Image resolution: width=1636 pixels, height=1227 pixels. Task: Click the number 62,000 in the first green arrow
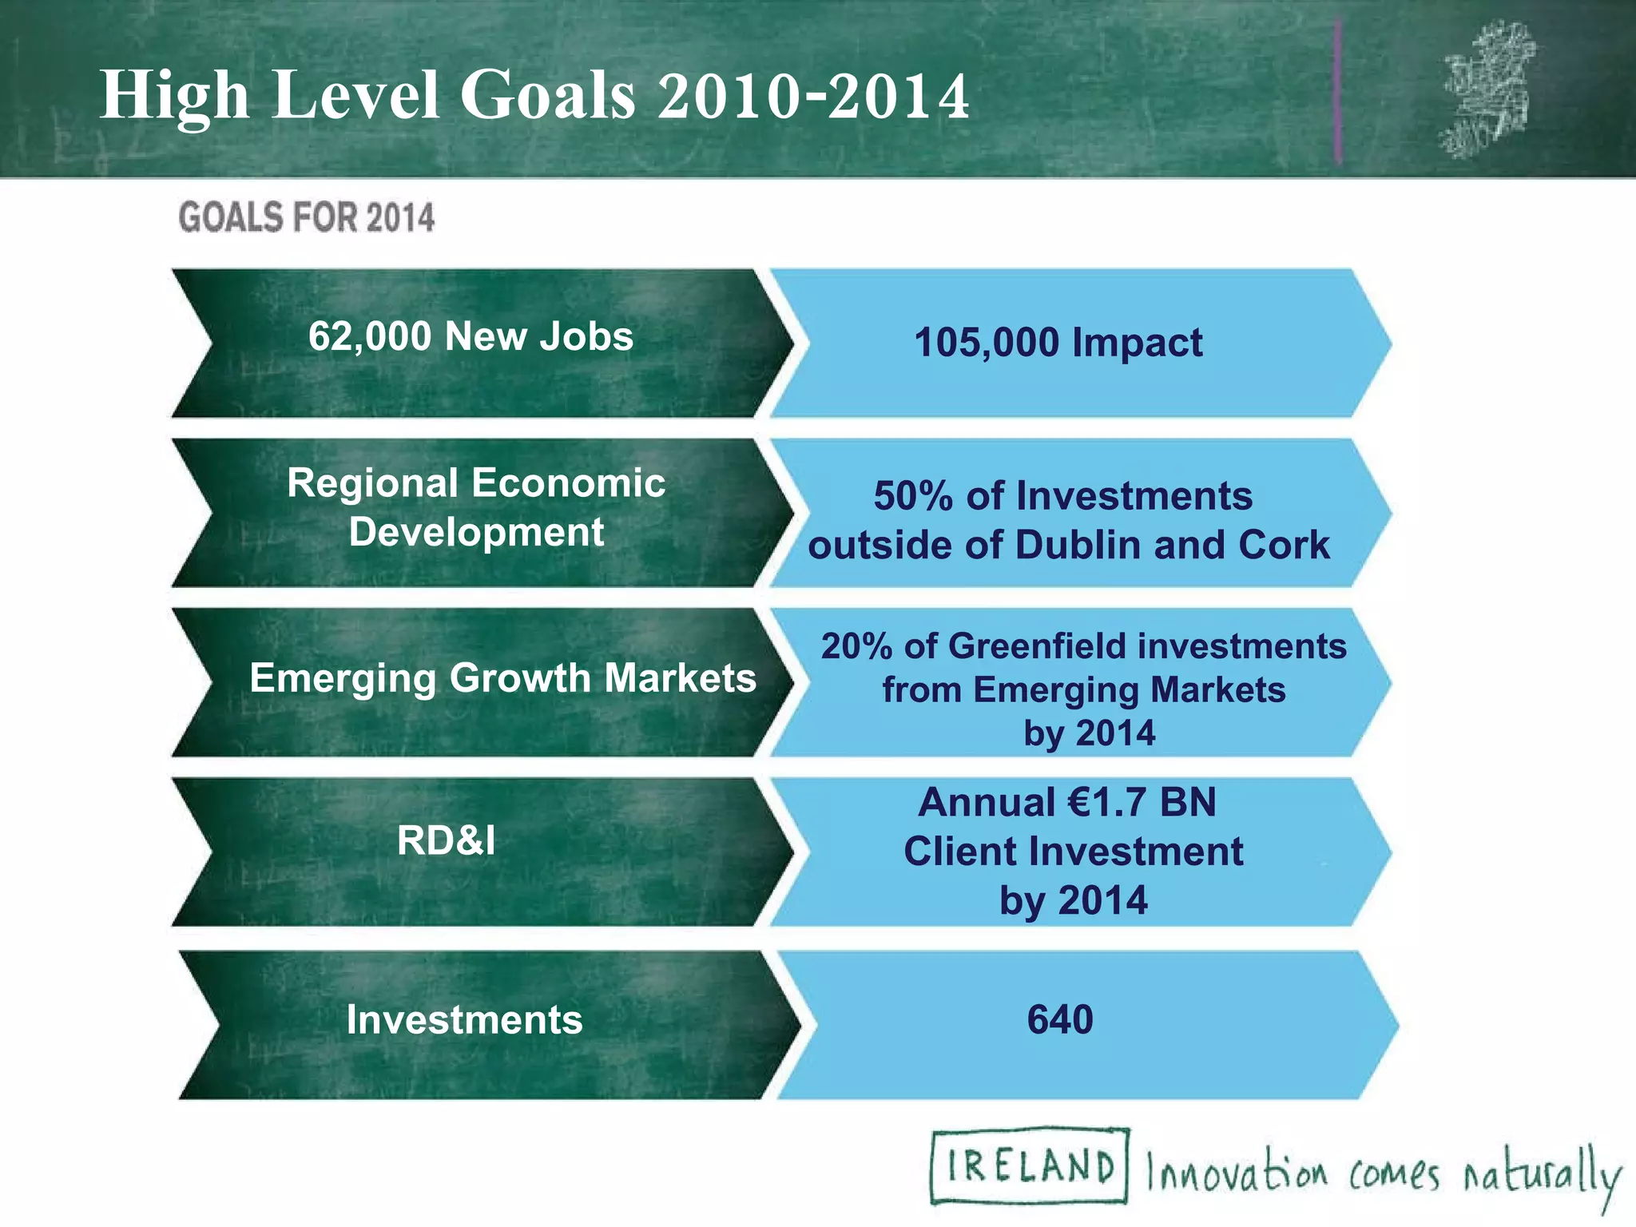[369, 336]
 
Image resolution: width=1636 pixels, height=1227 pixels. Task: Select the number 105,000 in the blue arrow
[986, 343]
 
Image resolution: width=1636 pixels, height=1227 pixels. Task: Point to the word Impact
[1137, 343]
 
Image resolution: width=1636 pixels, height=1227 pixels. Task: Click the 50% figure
[913, 496]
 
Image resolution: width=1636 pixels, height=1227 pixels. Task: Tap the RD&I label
[446, 840]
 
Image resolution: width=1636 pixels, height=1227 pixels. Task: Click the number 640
[1059, 1020]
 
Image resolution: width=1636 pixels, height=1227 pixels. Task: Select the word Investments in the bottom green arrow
[464, 1020]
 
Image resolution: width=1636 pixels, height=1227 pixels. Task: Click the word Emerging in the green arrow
[342, 678]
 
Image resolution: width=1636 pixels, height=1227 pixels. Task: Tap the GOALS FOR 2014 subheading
[306, 217]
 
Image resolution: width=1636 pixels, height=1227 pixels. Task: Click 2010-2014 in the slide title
[813, 96]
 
